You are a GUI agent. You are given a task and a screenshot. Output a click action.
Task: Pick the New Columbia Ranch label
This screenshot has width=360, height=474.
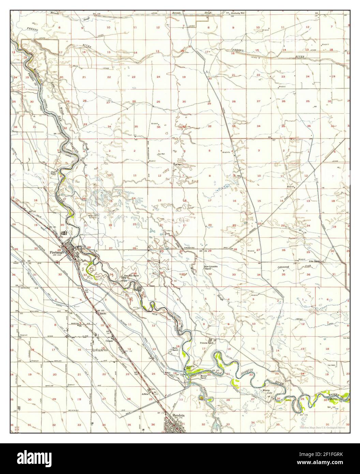(x=211, y=267)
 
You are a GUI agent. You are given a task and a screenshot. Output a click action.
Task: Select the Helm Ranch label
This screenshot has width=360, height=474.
(x=175, y=349)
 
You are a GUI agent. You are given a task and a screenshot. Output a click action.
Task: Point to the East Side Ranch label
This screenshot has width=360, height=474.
(x=130, y=276)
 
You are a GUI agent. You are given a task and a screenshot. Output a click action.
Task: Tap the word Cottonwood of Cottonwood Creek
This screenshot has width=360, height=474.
(x=284, y=267)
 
